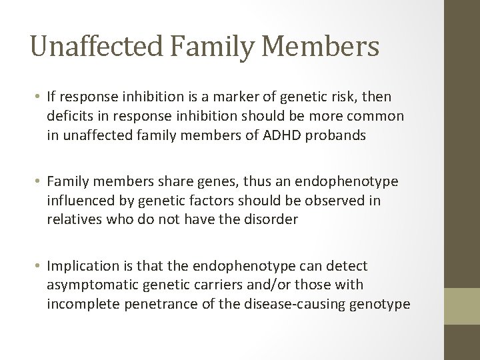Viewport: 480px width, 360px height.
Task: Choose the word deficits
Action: [69, 116]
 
